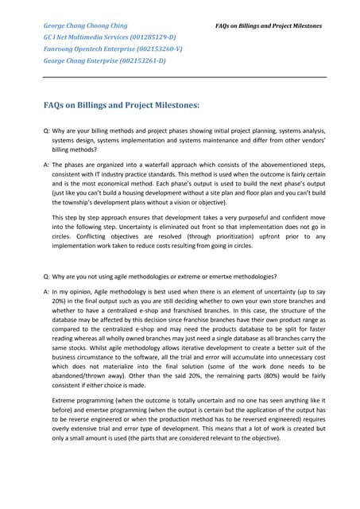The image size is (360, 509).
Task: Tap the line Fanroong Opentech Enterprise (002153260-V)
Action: coord(112,49)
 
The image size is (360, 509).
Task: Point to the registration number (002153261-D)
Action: coord(139,60)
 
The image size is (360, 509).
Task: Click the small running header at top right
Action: coord(269,26)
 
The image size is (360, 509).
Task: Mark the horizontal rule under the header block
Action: coord(183,77)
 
